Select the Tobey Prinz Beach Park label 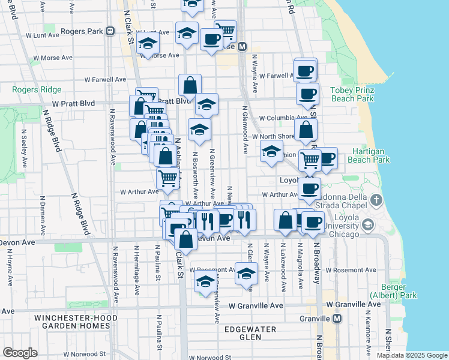point(352,94)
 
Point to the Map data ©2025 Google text point(411,355)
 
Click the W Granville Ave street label point(255,305)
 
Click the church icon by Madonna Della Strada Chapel point(376,200)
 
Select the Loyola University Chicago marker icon point(367,225)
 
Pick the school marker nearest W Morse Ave point(147,43)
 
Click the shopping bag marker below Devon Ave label point(185,239)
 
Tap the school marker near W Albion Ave point(271,152)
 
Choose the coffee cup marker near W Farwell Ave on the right point(305,70)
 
